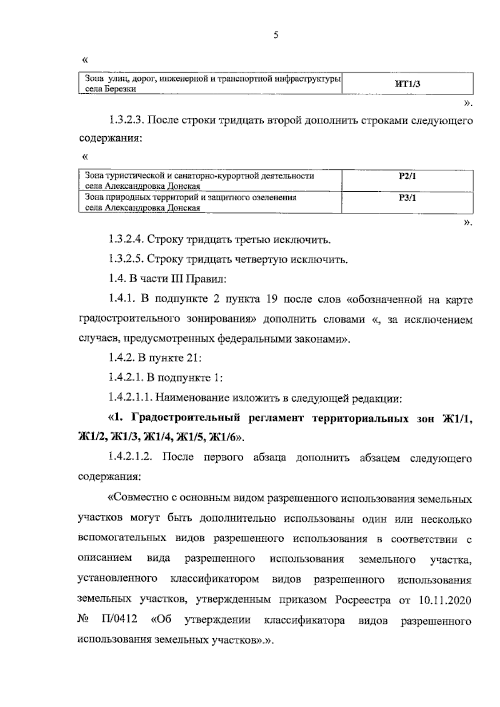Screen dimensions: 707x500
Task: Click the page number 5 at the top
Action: (275, 35)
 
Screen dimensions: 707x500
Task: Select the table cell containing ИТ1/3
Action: (407, 84)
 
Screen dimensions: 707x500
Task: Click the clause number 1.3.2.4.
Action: (126, 240)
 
